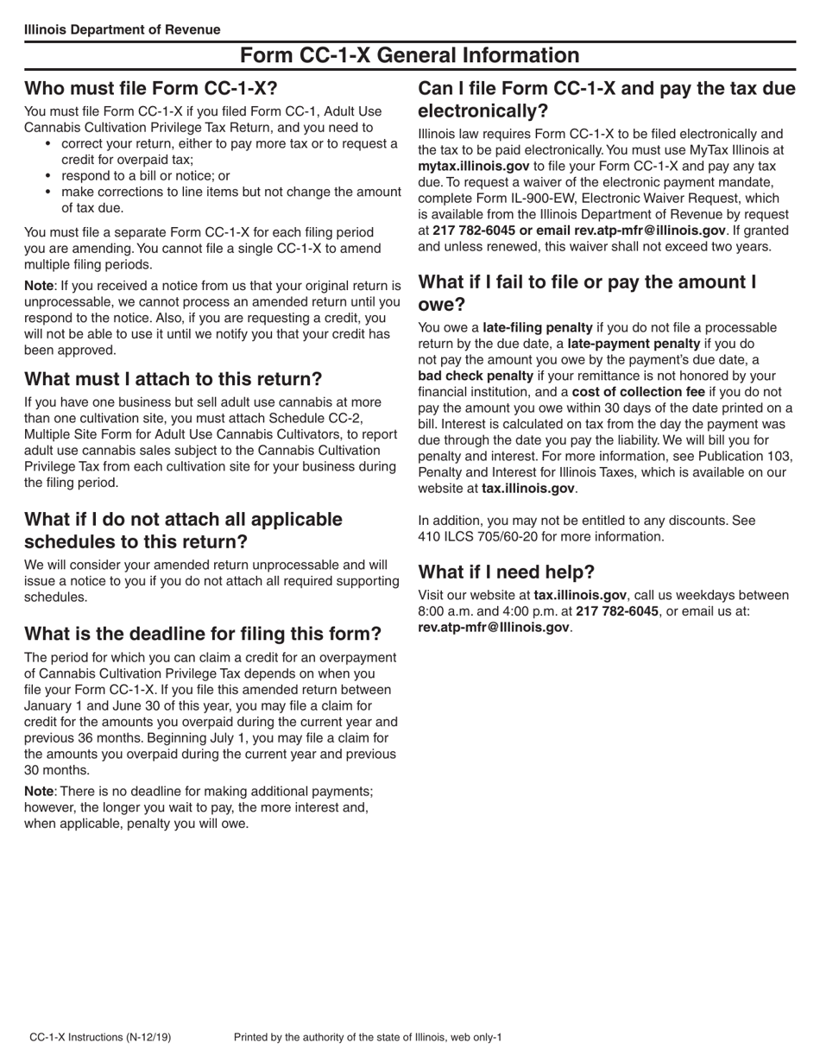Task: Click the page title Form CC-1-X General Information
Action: tap(409, 55)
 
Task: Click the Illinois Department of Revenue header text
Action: tap(122, 29)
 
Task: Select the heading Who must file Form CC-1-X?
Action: tap(151, 88)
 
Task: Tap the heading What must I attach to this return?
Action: tap(173, 379)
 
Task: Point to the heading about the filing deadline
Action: tap(203, 634)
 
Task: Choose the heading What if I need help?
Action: tap(506, 572)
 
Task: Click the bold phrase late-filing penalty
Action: tap(537, 327)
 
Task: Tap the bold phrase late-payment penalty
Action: tap(634, 344)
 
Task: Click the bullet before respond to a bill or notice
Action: tap(47, 176)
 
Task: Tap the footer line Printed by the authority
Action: tap(368, 1037)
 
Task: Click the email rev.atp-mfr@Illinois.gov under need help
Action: tap(494, 627)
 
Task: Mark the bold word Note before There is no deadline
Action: tap(39, 791)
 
